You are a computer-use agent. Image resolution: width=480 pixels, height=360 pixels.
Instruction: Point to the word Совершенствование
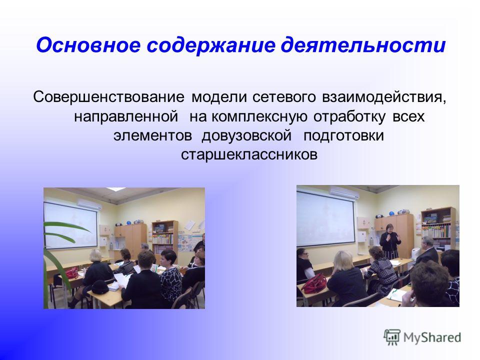(108, 97)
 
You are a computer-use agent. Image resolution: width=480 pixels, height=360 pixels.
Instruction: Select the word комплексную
(259, 116)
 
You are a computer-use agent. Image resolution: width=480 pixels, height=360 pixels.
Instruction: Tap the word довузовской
(246, 135)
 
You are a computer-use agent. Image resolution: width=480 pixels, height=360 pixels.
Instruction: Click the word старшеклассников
(249, 154)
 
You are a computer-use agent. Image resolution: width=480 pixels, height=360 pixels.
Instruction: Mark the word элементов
(153, 135)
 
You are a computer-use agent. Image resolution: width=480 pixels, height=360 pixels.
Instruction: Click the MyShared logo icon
(392, 337)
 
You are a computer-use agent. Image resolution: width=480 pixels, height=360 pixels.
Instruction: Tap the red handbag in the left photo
(72, 272)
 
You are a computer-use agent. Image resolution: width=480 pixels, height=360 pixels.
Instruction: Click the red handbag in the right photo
(314, 283)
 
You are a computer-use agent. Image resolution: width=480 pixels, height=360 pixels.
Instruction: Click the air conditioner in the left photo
(89, 204)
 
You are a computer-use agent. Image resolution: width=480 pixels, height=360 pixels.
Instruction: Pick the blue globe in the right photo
(391, 213)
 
